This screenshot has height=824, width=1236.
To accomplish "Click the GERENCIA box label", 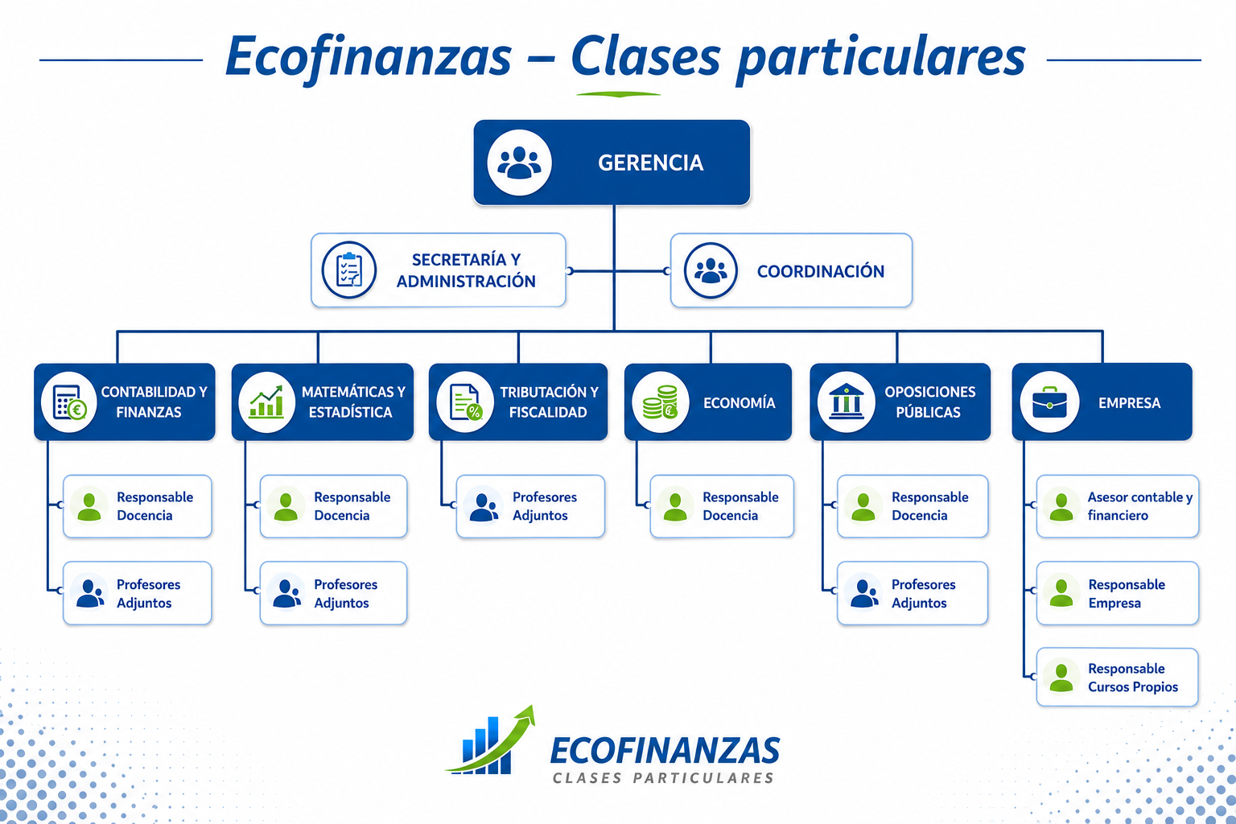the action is click(x=650, y=163).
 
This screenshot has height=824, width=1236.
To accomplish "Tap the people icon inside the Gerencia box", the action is click(x=519, y=163).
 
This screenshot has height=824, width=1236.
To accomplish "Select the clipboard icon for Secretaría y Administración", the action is click(x=349, y=270).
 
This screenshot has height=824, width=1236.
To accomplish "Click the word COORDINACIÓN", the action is click(x=821, y=271).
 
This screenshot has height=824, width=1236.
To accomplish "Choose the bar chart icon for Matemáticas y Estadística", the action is click(x=266, y=402).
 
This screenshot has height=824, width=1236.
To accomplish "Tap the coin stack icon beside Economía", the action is click(x=661, y=402).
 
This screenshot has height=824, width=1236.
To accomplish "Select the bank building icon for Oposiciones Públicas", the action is click(x=846, y=402).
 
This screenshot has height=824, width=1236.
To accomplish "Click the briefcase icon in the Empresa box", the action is click(x=1049, y=402).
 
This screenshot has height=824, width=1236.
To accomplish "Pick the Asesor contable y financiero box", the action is click(x=1118, y=506).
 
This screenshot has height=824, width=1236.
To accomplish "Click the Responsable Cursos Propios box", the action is click(x=1118, y=678).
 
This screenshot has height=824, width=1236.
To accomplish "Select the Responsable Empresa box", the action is click(x=1118, y=593).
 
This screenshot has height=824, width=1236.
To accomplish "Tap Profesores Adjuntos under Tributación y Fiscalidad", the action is click(x=530, y=506).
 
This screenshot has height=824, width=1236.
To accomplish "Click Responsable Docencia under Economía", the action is click(x=722, y=506).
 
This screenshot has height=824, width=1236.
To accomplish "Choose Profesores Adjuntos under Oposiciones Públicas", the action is click(x=912, y=593).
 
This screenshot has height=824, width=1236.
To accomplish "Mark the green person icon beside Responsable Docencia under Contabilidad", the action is click(x=89, y=507).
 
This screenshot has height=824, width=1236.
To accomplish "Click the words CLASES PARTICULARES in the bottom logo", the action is click(x=663, y=777).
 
